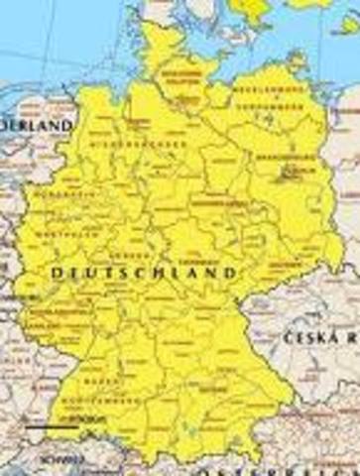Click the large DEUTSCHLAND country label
pos(145,271)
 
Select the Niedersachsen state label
pos(147,144)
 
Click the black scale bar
pos(47,427)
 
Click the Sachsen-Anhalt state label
pos(219,202)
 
